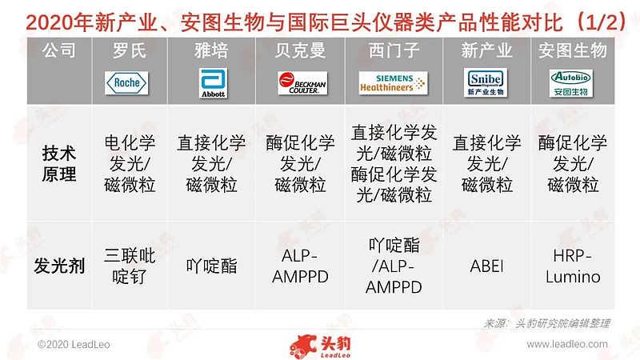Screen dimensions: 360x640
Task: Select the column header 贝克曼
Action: point(300,51)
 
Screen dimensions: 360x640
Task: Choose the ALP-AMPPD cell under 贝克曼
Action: point(300,266)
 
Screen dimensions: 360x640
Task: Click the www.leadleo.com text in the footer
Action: point(573,344)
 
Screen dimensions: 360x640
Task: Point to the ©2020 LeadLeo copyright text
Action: point(73,344)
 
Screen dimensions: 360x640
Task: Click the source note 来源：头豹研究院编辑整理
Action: point(547,323)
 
